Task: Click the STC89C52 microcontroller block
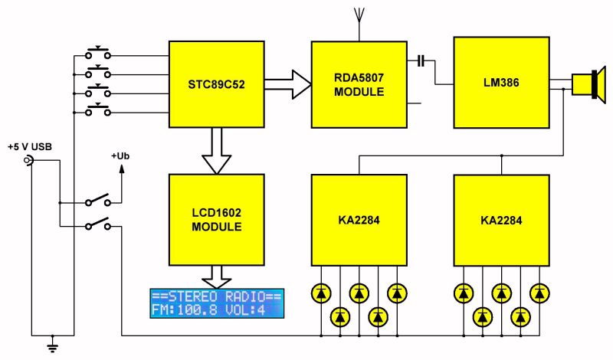coord(216,84)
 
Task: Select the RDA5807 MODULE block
coord(359,84)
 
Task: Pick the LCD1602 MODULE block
coord(216,218)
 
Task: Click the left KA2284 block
coord(359,218)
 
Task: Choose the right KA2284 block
coord(501,218)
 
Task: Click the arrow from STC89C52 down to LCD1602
coord(216,149)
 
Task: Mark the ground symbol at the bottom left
coord(52,346)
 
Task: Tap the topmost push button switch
coord(97,54)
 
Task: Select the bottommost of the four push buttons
coord(97,111)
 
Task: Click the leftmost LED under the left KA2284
coord(320,293)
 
